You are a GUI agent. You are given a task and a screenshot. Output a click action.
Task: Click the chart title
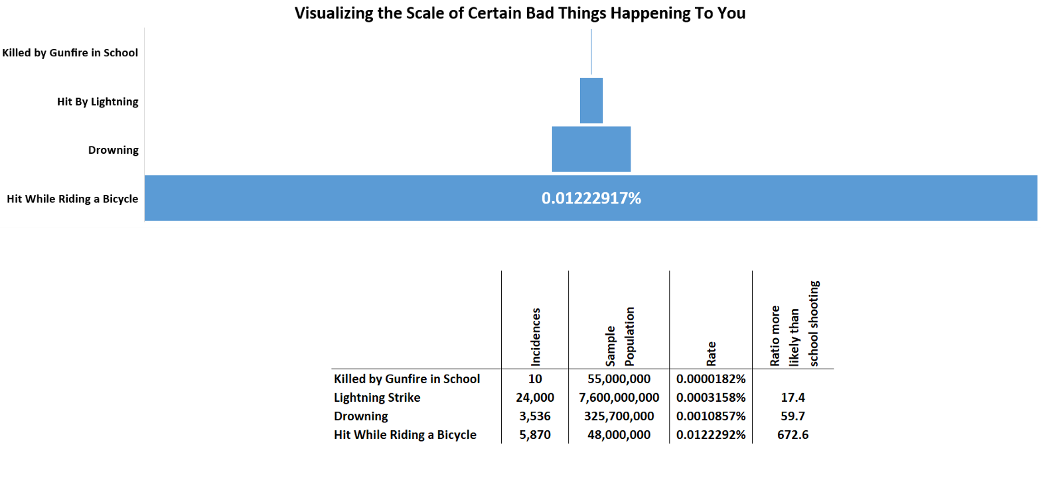tap(520, 13)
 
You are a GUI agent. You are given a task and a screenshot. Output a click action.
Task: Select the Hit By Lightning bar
tap(591, 101)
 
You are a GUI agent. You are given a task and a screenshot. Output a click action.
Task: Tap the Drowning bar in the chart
tap(591, 149)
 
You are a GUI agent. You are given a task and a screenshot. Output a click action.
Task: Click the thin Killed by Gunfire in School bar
tap(591, 52)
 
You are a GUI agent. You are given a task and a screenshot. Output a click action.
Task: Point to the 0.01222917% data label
tap(591, 198)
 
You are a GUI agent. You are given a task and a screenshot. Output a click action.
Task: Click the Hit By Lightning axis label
tap(98, 102)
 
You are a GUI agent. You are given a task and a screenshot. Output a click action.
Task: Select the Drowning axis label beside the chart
tap(114, 150)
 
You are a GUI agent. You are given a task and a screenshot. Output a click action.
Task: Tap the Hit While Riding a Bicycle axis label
tap(72, 199)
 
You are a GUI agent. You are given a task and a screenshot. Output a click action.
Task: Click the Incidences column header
tap(535, 337)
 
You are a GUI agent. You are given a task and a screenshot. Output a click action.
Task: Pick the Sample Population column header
tap(620, 337)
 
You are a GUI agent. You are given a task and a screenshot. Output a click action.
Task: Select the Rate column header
tap(711, 353)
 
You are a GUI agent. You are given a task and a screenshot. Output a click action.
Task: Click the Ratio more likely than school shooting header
tap(794, 324)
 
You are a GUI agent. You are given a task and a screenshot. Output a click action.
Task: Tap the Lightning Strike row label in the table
tap(377, 398)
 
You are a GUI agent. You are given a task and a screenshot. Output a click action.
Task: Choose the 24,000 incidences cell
tap(535, 398)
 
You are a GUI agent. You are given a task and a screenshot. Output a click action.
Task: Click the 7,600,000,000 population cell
tap(619, 398)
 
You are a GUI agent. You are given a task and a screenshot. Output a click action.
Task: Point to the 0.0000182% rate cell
tap(711, 379)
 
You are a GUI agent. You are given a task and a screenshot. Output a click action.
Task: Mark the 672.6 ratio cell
tap(793, 435)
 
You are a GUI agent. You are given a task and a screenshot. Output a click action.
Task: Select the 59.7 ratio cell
tap(793, 416)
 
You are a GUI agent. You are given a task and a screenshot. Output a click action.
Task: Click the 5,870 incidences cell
tap(535, 435)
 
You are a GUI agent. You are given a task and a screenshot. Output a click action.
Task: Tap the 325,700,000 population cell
tap(619, 416)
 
